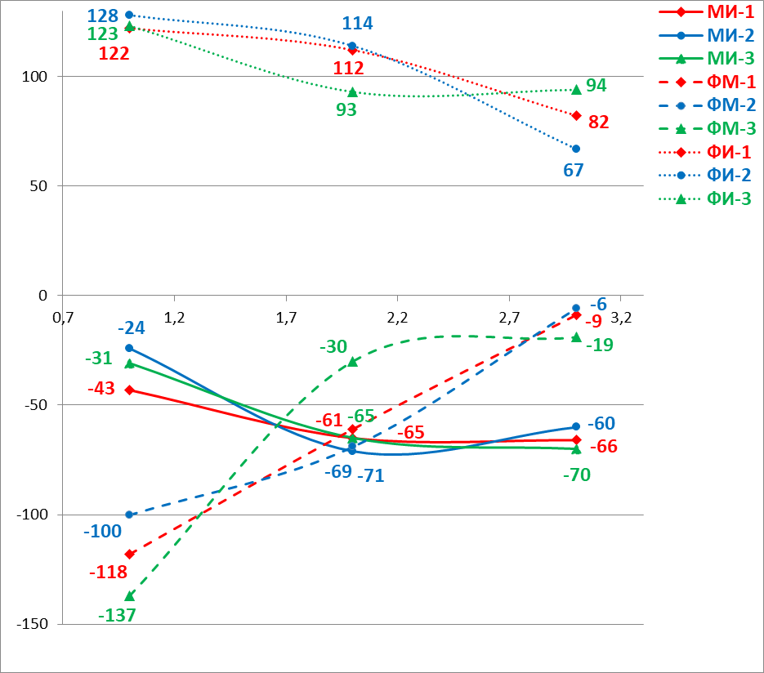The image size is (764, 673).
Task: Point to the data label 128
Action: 104,16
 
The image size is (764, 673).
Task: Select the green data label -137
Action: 116,615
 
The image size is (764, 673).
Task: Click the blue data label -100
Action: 102,532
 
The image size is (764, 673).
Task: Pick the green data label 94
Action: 596,86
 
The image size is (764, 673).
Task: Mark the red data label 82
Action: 598,123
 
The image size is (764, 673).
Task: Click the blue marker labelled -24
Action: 129,348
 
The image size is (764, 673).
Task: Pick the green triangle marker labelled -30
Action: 352,362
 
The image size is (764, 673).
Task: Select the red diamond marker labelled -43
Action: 129,390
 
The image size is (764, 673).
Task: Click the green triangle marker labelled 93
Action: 352,92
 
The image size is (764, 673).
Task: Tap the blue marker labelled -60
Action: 576,426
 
